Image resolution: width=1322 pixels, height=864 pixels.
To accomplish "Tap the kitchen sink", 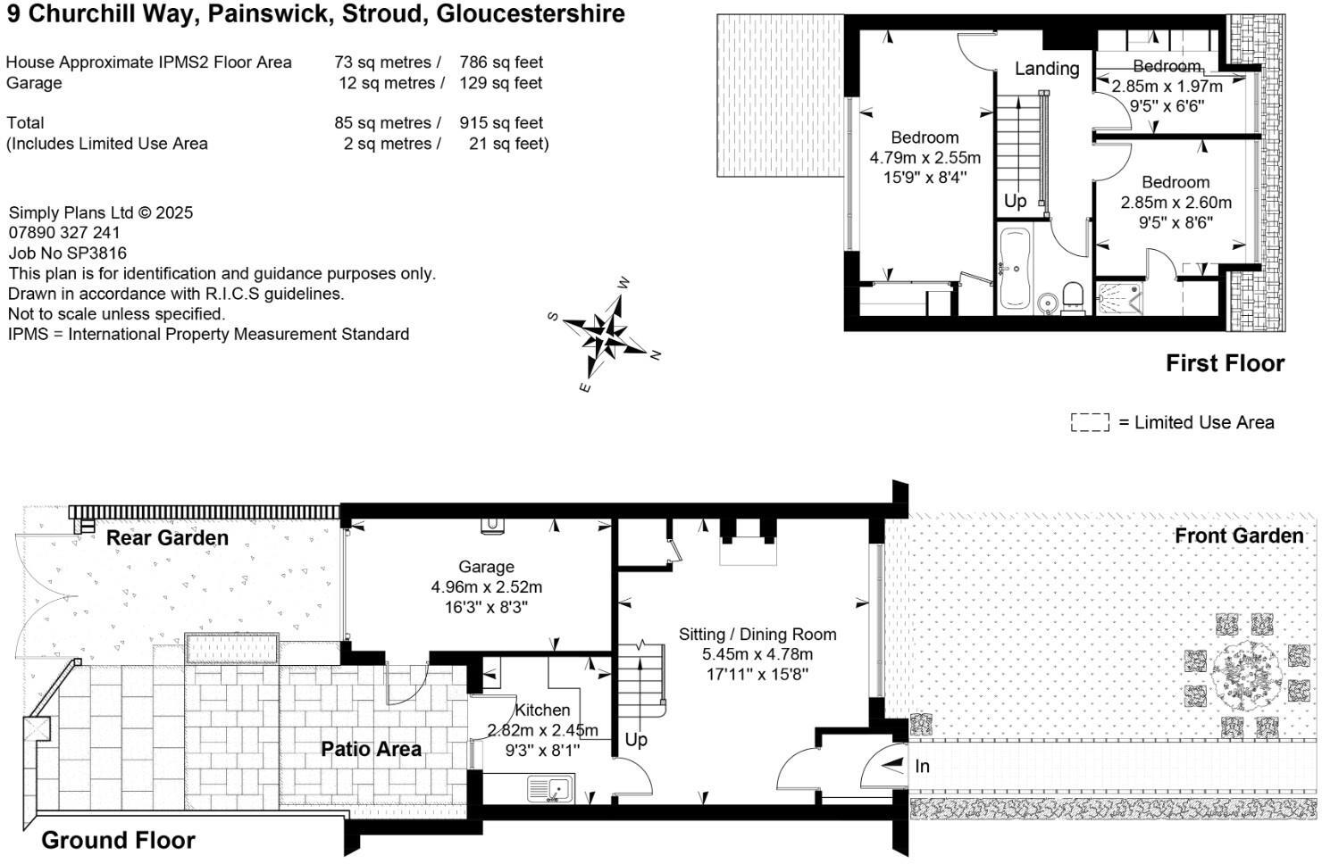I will pos(550,789).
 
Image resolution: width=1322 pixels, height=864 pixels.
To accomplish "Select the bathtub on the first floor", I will pos(1016,269).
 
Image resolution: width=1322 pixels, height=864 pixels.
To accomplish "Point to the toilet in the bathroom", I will pos(1073,296).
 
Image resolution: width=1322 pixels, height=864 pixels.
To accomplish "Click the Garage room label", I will pos(486,567).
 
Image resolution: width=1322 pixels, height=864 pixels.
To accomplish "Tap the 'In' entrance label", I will pos(922,766).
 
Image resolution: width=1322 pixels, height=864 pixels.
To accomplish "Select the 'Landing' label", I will pos(1047,69).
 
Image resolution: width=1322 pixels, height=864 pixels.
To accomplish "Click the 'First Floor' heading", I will pos(1225,363).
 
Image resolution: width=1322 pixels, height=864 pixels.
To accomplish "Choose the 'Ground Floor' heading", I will pos(118,840).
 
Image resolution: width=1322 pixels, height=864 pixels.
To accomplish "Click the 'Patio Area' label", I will pos(371,749).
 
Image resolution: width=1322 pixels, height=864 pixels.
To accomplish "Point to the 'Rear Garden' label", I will pos(167,537).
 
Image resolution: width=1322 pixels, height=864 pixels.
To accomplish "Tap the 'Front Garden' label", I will pos(1238,536).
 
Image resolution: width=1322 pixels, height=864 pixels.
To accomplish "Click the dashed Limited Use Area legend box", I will pos(1090,422).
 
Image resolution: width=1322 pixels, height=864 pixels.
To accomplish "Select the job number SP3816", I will pos(68,253).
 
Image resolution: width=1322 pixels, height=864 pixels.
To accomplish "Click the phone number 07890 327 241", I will pos(64,233).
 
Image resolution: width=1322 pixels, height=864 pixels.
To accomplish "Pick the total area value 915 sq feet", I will pos(501,123).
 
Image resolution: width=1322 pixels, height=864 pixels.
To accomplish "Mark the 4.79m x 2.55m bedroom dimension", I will pos(925,158).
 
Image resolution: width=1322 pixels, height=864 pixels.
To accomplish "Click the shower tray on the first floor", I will pos(1120,299).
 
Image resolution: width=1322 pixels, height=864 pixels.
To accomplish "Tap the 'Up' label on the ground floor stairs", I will pos(636,740).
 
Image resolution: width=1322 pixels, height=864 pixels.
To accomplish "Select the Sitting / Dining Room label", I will pos(757,635).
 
